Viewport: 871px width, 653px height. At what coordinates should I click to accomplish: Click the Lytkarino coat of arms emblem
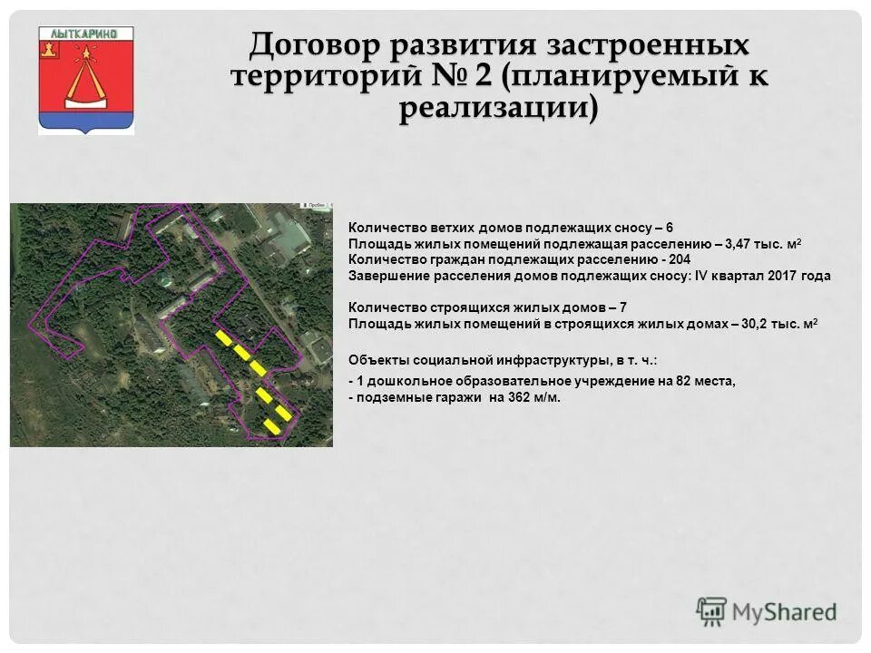click(x=86, y=80)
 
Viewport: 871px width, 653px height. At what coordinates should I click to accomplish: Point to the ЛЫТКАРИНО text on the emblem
click(x=86, y=33)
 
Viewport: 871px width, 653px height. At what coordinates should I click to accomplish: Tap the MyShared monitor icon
click(x=712, y=610)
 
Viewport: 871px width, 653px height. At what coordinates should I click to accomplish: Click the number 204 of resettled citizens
click(x=678, y=259)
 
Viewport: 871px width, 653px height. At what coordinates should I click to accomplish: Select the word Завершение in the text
click(x=386, y=276)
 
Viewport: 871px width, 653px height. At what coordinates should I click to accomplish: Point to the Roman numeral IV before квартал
click(x=700, y=276)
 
